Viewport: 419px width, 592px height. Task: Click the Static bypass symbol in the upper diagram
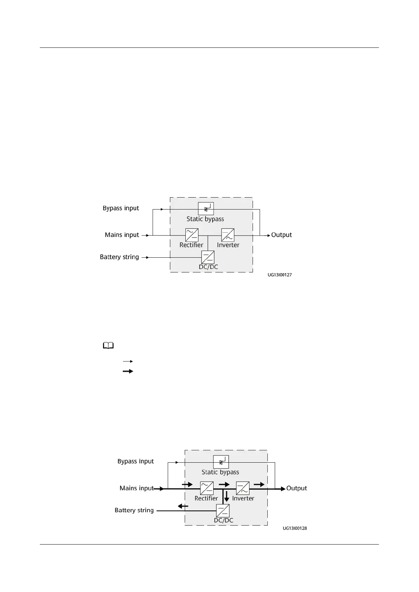coord(206,209)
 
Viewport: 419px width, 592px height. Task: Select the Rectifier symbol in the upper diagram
coord(192,235)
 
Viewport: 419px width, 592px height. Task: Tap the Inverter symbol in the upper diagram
coord(228,235)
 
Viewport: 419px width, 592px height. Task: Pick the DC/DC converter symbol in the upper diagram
coord(208,257)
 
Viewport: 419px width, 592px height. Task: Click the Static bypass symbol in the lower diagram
coord(221,462)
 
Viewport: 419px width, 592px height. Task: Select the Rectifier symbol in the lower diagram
coord(207,488)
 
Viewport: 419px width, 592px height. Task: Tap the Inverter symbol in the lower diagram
coord(243,488)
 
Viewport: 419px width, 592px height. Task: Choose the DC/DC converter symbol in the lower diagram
coord(223,511)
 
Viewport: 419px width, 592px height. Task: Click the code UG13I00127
coord(279,275)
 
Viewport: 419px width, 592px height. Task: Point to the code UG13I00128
coord(294,528)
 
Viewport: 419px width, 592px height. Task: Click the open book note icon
coord(108,346)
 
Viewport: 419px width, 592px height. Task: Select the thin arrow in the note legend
coord(128,361)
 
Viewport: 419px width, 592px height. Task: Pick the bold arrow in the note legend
coord(128,371)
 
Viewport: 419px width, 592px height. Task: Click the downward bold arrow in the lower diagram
coord(227,496)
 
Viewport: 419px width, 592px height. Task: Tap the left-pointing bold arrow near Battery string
coord(183,506)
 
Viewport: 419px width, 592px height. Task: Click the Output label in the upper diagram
coord(281,235)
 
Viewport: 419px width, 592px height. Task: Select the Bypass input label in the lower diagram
coord(135,461)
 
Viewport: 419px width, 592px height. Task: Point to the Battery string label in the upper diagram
coord(119,257)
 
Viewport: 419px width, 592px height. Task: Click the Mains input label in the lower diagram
coord(137,488)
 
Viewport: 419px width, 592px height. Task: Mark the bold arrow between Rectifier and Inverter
coord(224,484)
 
